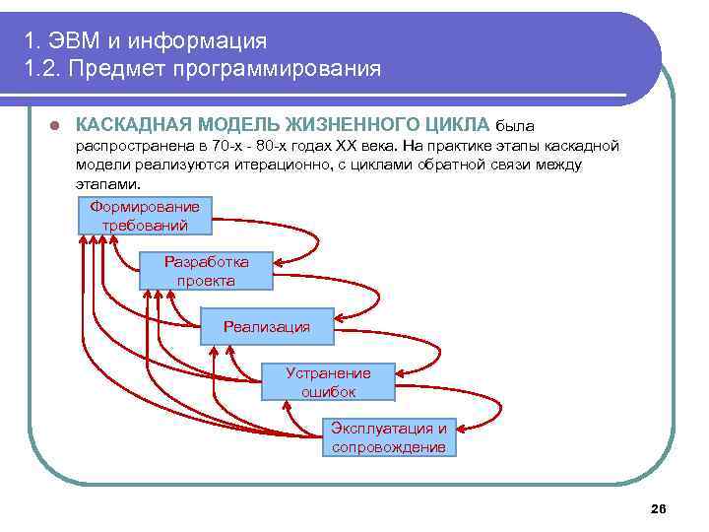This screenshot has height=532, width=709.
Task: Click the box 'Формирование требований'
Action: point(145,216)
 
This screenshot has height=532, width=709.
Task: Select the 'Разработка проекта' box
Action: point(206,271)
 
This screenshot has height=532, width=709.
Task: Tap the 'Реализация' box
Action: point(266,326)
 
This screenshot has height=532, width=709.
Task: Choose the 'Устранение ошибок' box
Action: point(328,381)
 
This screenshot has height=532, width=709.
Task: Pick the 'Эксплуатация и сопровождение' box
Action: point(389,437)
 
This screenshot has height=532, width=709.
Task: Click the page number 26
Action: point(659,508)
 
